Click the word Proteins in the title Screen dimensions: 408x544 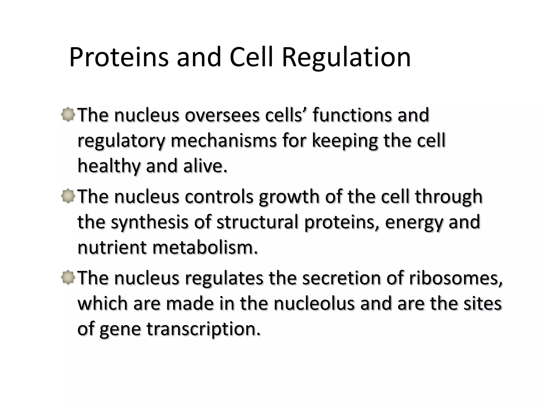tap(119, 57)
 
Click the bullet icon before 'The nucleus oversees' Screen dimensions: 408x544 tap(68, 115)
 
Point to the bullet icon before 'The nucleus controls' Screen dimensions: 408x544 tap(68, 197)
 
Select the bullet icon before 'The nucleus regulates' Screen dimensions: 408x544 tap(68, 278)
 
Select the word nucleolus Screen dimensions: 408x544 tap(314, 304)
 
